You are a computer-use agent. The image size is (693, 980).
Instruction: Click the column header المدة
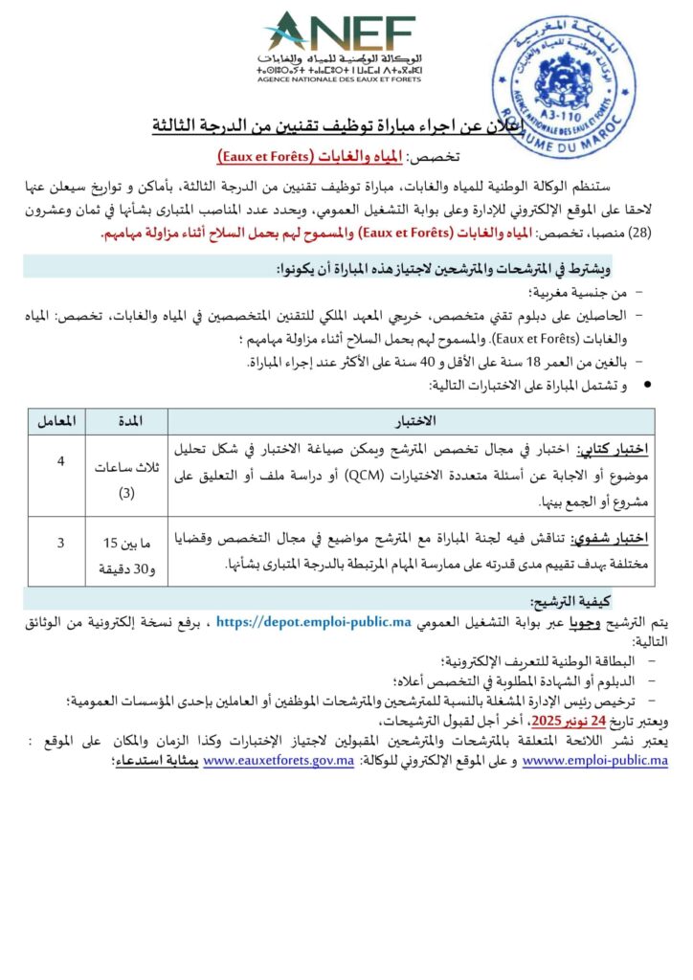point(127,421)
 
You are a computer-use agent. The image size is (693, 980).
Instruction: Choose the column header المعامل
point(57,421)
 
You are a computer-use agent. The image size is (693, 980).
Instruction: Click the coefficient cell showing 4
point(60,462)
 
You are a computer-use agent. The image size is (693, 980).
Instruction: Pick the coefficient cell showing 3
point(60,543)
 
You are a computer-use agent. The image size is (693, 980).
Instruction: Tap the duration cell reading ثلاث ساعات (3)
point(127,479)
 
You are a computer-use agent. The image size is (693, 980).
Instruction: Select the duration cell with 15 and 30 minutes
point(127,555)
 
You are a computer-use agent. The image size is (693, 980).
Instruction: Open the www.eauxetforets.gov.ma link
point(273,761)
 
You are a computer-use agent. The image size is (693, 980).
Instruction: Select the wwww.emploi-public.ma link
point(596,761)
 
